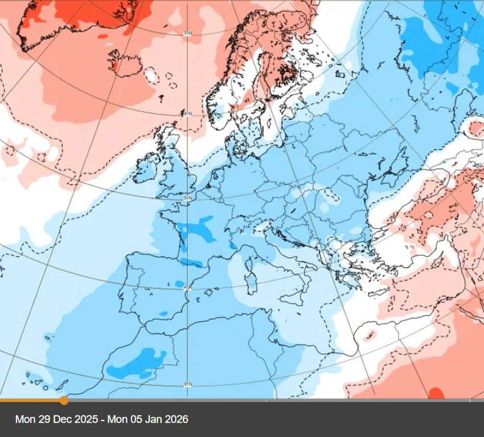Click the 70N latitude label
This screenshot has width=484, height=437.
pos(187,34)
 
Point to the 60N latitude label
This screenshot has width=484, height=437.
pos(187,114)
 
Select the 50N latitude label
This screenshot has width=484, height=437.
pos(187,198)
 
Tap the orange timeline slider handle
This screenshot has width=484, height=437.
pos(64,401)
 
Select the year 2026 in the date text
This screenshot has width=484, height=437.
pos(176,420)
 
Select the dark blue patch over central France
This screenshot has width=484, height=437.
pos(196,228)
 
